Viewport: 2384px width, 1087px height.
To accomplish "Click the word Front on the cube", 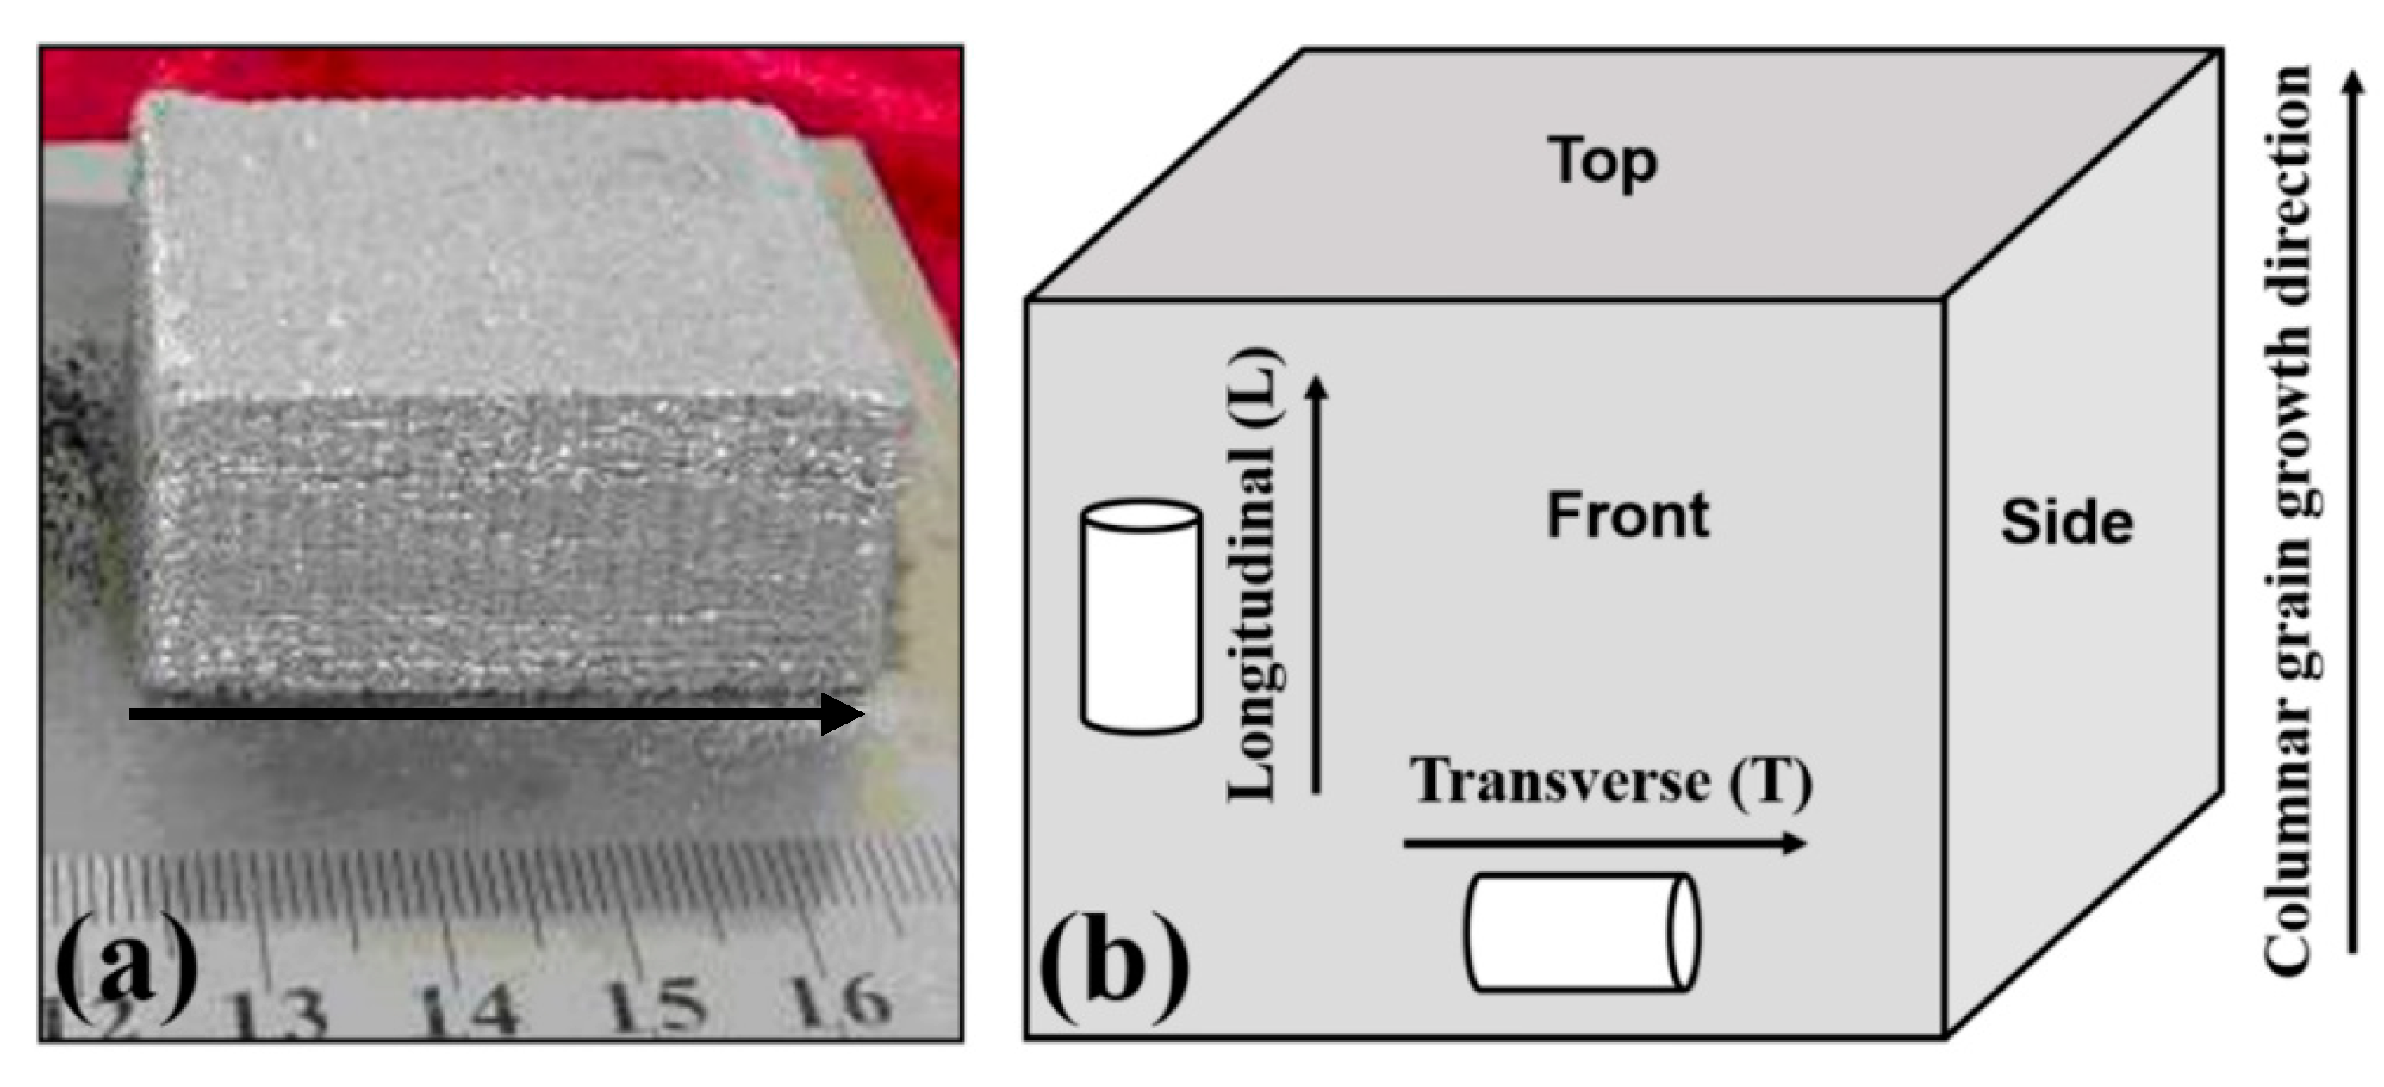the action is point(1628,515).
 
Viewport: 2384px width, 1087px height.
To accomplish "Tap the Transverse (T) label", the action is point(1610,782).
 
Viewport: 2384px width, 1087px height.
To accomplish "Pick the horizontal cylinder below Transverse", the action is point(1582,932).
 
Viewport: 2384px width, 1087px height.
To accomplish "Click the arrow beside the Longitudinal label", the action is point(1316,583).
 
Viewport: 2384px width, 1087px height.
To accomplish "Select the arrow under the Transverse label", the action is point(1603,842).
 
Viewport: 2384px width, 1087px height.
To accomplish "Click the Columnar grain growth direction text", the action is point(2288,518).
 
